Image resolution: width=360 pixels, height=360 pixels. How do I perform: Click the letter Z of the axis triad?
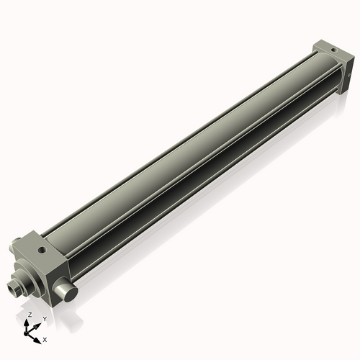[30, 315]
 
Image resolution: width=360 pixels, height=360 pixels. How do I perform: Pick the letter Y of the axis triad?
[44, 318]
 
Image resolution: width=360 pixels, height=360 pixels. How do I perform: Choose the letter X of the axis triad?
[45, 338]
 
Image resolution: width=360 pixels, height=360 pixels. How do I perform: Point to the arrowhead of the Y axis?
[38, 323]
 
